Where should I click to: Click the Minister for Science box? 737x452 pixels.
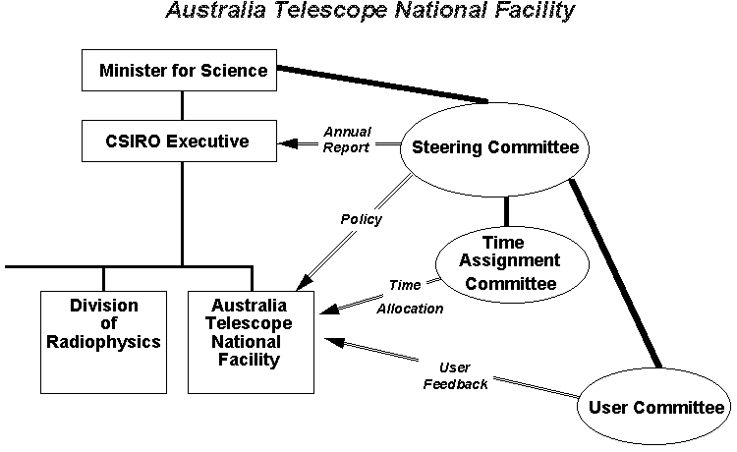[x=183, y=71]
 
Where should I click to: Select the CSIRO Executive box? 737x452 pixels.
[x=183, y=141]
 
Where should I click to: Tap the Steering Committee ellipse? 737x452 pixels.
[x=495, y=147]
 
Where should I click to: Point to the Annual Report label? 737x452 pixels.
[x=347, y=140]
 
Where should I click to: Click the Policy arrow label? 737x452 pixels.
[x=360, y=219]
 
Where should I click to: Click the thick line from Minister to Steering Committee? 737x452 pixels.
[x=383, y=84]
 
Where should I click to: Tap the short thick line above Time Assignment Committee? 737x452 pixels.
[x=507, y=212]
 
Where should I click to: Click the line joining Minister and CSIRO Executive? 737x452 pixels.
[x=183, y=105]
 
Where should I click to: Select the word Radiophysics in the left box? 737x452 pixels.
[x=103, y=342]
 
